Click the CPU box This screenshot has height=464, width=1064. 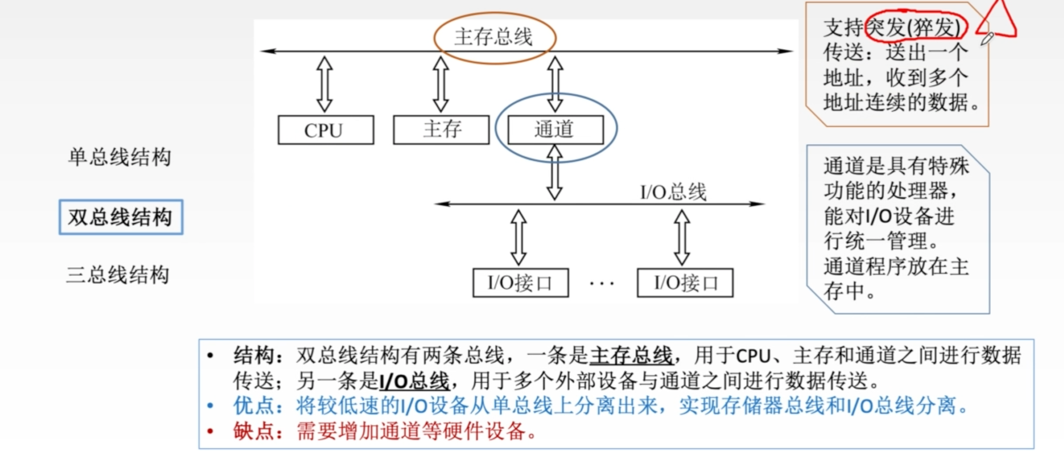326,130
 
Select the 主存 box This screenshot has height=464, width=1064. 441,130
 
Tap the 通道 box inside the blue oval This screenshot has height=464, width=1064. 555,130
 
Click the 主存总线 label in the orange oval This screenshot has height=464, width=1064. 494,37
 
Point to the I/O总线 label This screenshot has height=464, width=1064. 673,192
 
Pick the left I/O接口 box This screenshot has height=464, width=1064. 521,283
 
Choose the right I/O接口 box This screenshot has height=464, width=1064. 685,283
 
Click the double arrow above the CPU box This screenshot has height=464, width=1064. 325,84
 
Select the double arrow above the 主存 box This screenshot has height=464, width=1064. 441,84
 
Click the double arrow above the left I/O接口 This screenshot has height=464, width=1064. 519,237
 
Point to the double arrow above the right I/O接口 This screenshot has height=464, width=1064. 682,237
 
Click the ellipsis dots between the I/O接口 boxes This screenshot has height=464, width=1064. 602,284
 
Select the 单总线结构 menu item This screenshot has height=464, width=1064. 119,157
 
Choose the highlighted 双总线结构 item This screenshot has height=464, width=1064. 121,217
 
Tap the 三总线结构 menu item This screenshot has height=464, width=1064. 118,275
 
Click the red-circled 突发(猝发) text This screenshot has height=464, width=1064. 915,27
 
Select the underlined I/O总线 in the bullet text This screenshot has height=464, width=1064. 414,381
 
